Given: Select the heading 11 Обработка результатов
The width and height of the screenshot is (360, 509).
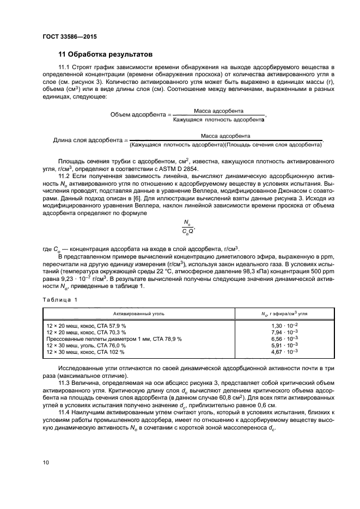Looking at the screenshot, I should pos(106,54).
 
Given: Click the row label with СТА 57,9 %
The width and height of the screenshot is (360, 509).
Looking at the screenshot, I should pos(86,324).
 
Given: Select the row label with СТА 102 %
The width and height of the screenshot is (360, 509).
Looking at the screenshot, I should pos(86,352).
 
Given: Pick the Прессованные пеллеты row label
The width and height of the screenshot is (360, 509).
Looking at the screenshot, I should pos(114,339).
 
